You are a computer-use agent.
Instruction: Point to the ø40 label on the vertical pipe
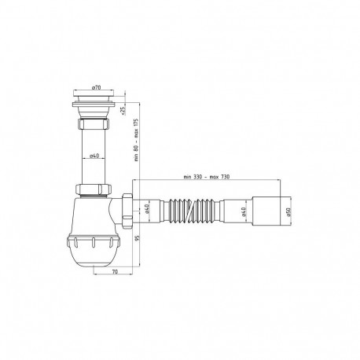click(x=94, y=156)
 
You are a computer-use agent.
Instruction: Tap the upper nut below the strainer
click(x=94, y=126)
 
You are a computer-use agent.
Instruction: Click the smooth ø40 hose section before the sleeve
click(x=241, y=210)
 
